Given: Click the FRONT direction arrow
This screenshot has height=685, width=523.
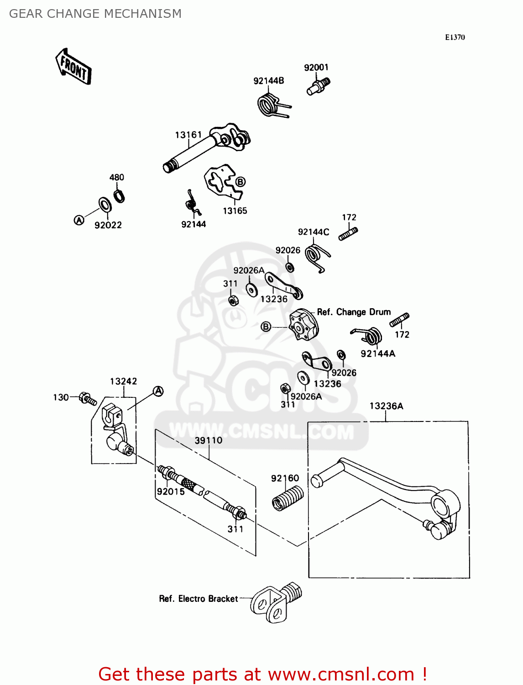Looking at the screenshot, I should [x=73, y=67].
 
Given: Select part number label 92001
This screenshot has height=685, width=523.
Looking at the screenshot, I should [x=316, y=68].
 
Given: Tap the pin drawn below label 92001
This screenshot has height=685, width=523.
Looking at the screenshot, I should [x=318, y=86].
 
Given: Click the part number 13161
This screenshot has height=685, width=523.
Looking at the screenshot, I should [x=188, y=135].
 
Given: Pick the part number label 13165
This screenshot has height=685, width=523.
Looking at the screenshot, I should [x=235, y=211].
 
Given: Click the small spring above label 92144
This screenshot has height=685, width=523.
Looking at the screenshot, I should [x=192, y=203].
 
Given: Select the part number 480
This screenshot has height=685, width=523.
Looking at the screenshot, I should [x=116, y=177].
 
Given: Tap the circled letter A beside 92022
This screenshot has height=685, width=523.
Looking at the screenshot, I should [x=79, y=220].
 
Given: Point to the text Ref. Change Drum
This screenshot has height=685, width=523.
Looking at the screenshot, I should [x=354, y=312].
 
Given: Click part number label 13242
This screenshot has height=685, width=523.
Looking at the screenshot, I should [x=123, y=381].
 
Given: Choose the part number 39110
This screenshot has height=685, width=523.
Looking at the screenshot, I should [x=209, y=440].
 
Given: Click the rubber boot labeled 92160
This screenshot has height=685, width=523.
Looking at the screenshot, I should [x=288, y=497].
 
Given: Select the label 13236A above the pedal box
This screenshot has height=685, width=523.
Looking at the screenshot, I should [x=386, y=406].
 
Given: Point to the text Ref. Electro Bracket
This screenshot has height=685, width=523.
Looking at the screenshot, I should [x=199, y=599].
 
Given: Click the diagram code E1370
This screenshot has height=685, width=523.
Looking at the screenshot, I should [x=455, y=37].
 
